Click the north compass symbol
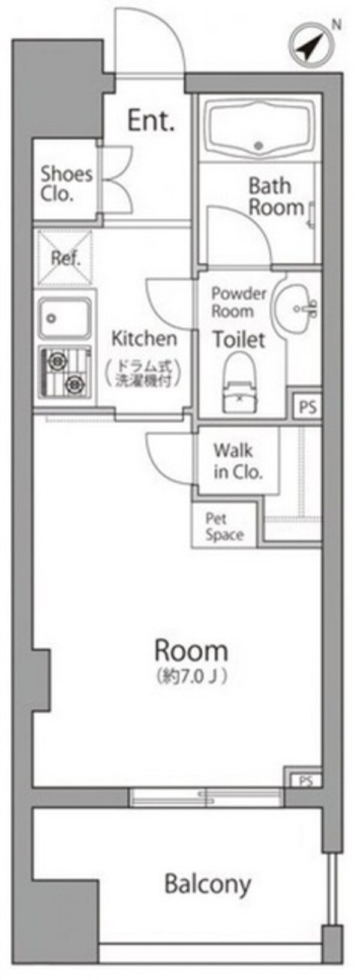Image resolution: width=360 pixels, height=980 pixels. coord(310,47)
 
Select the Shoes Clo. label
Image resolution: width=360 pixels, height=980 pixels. coord(66,184)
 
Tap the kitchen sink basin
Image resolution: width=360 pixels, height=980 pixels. coord(65,318)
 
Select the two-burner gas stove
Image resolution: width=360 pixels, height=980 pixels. coord(65,371)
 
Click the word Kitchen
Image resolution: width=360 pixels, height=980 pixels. coord(144,338)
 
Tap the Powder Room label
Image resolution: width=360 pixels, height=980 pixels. coord(238,302)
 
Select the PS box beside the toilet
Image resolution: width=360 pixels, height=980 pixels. coord(307,407)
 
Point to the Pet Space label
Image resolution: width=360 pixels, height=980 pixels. coord(224,527)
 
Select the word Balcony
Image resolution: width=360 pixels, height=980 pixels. coord(208,883)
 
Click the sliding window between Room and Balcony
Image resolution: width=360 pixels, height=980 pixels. coord(206,797)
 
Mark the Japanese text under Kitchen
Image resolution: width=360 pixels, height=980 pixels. coord(147,373)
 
